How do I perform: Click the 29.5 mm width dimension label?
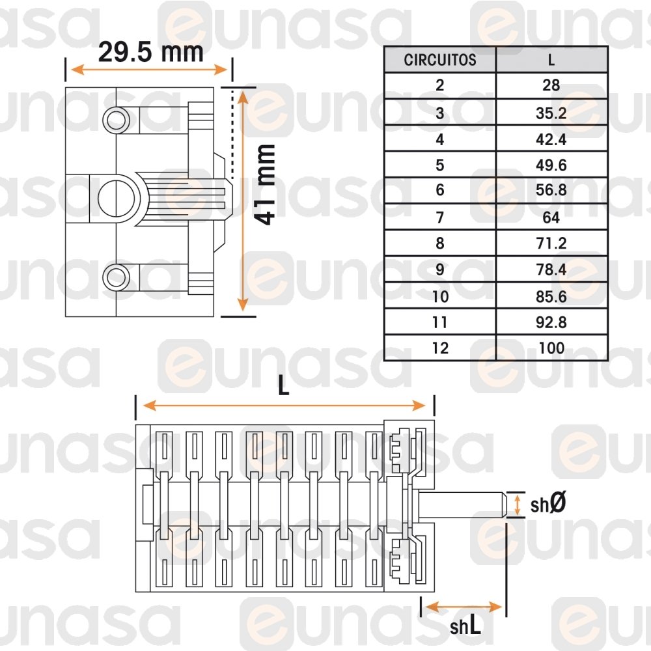151,52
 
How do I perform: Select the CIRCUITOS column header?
440,60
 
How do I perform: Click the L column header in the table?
551,60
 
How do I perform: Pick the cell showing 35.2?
551,113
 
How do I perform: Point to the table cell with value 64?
551,217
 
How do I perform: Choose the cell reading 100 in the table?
551,348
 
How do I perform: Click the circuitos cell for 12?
440,348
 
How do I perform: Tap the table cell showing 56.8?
551,190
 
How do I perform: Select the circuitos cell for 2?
440,85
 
